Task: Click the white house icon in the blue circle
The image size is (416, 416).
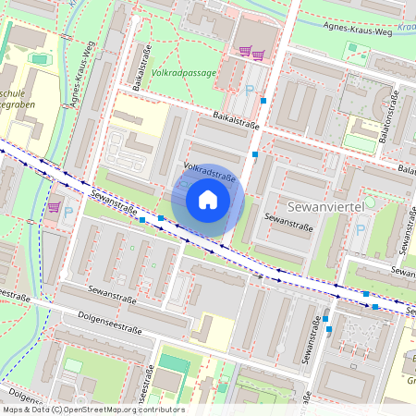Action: point(208,199)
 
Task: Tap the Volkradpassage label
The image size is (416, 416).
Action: point(184,71)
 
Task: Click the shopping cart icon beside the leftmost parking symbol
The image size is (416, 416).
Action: point(54,207)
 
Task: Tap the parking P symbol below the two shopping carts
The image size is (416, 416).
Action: point(250,90)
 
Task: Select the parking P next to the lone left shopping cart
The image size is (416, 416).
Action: point(68,213)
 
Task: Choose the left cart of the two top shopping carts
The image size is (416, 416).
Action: point(245,52)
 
